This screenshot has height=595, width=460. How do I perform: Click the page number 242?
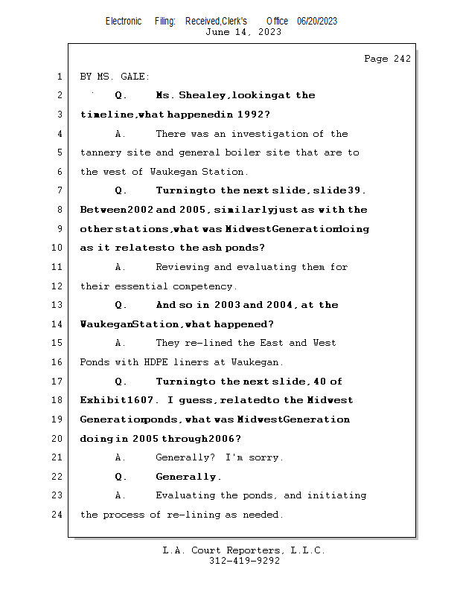(x=401, y=59)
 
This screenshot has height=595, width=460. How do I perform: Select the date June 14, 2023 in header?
(x=243, y=32)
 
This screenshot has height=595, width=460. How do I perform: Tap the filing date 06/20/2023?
(x=317, y=22)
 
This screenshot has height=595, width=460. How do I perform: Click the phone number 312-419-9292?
(x=244, y=561)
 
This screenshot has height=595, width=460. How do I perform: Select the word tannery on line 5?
(x=100, y=152)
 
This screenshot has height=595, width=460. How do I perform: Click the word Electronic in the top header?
(x=124, y=22)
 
